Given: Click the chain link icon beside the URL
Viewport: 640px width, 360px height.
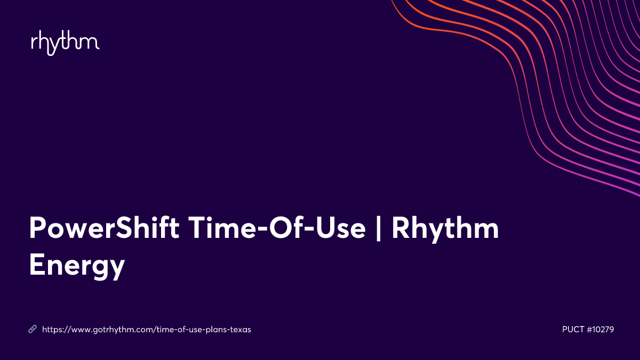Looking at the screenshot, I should coord(33,330).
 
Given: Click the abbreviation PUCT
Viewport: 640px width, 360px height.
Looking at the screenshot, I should coord(573,330).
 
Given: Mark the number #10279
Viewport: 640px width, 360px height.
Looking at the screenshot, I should coord(601,330).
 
